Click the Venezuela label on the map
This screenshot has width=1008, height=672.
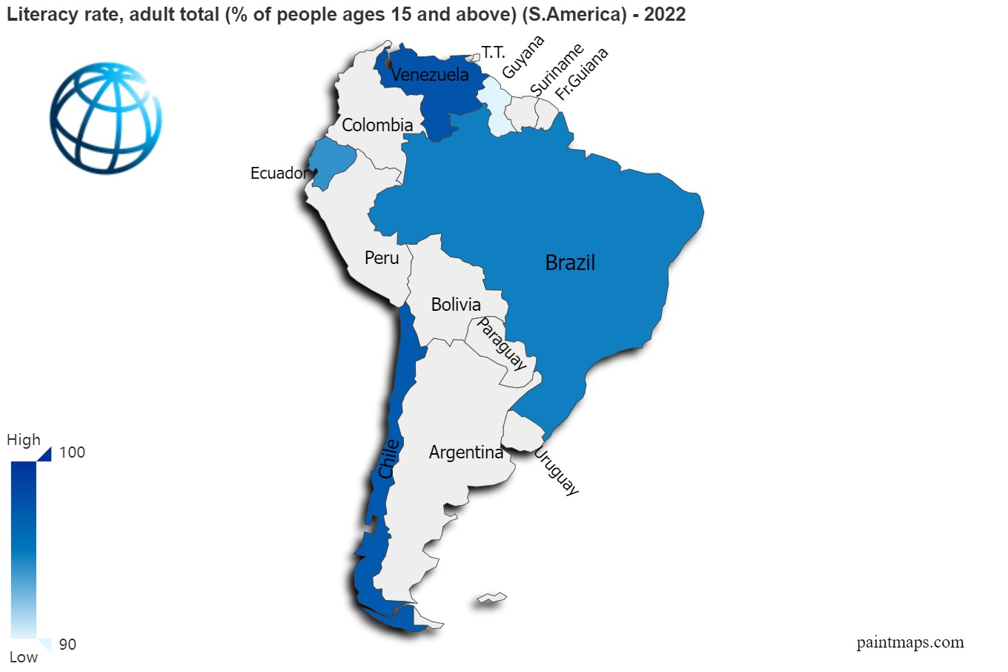[x=430, y=75]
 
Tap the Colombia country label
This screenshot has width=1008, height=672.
[x=377, y=125]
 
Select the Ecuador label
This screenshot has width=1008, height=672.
[x=279, y=174]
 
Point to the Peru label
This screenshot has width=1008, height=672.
[x=382, y=258]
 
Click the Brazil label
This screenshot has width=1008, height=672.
[x=570, y=263]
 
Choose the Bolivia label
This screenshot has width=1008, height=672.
[x=456, y=305]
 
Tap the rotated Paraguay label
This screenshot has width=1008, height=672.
[x=502, y=343]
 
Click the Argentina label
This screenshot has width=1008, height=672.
[x=465, y=452]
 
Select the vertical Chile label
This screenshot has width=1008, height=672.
[x=388, y=458]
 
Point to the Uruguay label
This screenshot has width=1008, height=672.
[x=556, y=471]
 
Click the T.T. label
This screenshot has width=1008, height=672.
[x=493, y=53]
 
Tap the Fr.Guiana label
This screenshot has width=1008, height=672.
[x=582, y=74]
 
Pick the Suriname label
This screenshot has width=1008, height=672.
[x=557, y=70]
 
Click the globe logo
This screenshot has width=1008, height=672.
[x=106, y=118]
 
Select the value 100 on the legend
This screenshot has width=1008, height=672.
[x=72, y=452]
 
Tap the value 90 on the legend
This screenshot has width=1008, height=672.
[x=67, y=645]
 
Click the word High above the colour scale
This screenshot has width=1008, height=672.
[x=24, y=440]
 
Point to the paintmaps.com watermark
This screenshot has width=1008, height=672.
[x=910, y=642]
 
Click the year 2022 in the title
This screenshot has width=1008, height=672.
[x=665, y=14]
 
